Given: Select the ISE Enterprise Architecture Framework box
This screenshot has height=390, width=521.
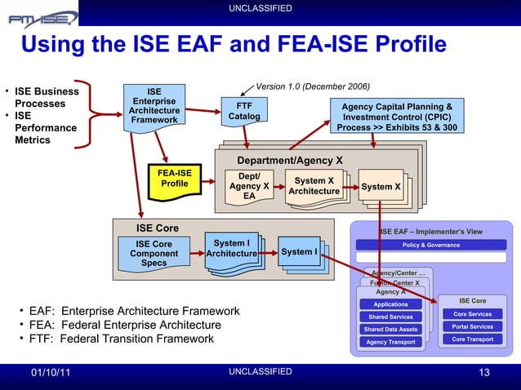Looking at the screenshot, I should (x=154, y=106).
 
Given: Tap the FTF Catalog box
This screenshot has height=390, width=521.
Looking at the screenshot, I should (x=243, y=111).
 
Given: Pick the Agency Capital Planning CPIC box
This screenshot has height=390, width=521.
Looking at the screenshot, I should (x=397, y=117).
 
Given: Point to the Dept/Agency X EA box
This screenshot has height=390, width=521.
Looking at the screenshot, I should (x=249, y=186).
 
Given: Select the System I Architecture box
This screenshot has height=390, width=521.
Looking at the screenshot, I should (x=231, y=248).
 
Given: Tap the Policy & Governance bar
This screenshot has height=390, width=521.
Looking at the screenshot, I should (x=431, y=245).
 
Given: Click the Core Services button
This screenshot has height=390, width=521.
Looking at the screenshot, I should (x=472, y=314).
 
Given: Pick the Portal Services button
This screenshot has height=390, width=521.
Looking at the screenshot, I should (x=472, y=326).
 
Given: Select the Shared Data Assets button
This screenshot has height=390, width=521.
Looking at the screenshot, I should (x=390, y=330).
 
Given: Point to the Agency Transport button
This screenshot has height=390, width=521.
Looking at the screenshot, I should (x=390, y=342).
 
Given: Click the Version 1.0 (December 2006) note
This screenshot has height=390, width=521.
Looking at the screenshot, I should (x=313, y=86).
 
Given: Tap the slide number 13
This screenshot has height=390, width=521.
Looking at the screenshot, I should (x=484, y=373).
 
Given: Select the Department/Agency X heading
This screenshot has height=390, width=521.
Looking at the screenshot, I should (x=289, y=160).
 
